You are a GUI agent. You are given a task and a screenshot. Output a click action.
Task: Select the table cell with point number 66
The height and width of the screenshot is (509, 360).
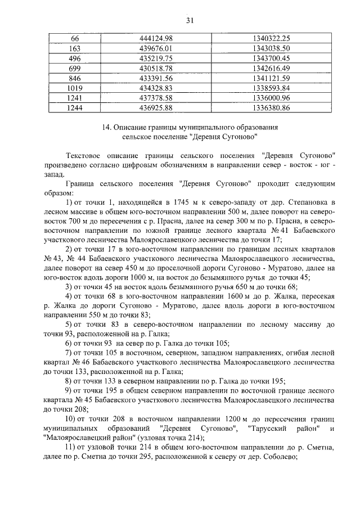pyautogui.click(x=75, y=38)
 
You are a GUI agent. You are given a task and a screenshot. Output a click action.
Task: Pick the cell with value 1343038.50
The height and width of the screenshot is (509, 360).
pyautogui.click(x=271, y=48)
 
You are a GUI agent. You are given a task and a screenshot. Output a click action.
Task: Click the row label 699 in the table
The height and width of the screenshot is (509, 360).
pyautogui.click(x=75, y=68)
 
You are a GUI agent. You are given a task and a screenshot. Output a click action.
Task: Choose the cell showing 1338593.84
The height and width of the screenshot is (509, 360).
pyautogui.click(x=271, y=88)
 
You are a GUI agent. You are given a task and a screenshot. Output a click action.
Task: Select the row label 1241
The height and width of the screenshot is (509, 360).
pyautogui.click(x=75, y=98)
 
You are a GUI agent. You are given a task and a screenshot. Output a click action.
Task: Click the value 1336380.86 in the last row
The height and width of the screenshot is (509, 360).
pyautogui.click(x=271, y=108)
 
